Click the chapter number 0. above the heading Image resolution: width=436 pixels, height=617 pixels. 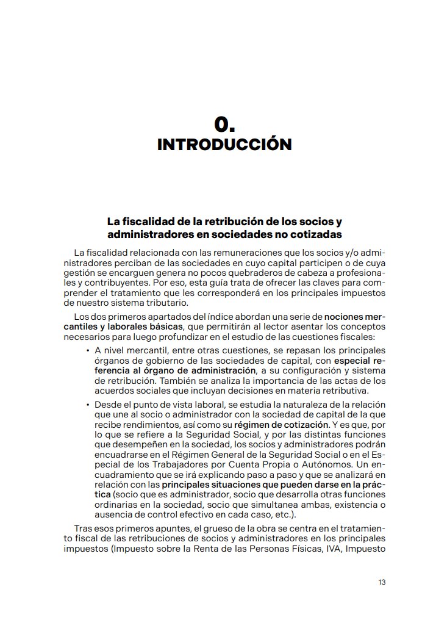coord(224,124)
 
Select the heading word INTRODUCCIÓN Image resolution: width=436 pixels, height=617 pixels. coord(224,145)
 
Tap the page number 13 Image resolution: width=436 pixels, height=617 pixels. coord(382,582)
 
